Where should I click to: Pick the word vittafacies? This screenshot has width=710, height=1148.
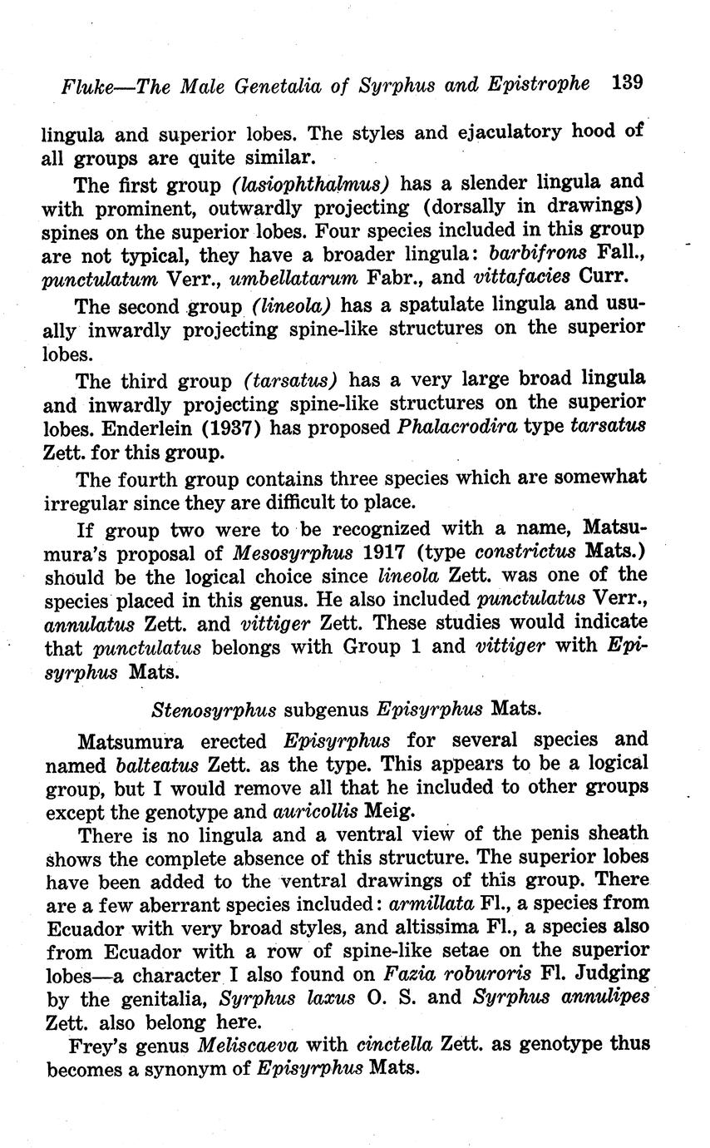[521, 276]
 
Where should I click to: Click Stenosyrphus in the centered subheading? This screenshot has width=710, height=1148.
[214, 710]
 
